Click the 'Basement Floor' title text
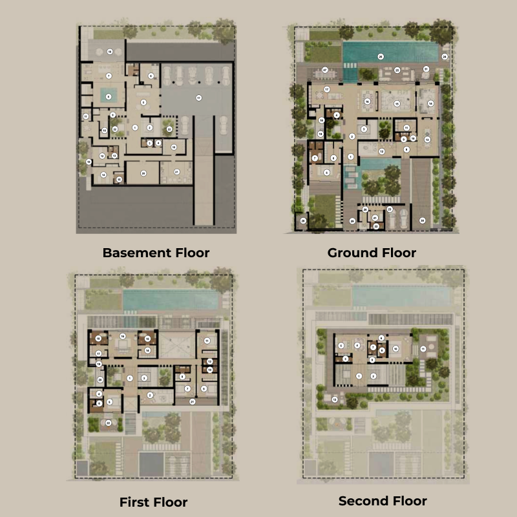(156, 253)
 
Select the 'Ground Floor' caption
(372, 253)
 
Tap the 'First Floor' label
(153, 502)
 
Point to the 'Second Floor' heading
(383, 500)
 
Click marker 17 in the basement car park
(198, 98)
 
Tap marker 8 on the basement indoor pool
(109, 96)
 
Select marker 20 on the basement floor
(143, 172)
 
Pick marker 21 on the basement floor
(177, 171)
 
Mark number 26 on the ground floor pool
(381, 57)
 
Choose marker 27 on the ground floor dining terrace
(325, 70)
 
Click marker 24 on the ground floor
(445, 57)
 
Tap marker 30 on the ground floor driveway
(422, 220)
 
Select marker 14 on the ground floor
(430, 103)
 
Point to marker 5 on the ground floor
(326, 172)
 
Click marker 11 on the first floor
(207, 340)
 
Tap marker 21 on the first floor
(192, 401)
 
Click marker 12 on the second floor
(334, 399)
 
